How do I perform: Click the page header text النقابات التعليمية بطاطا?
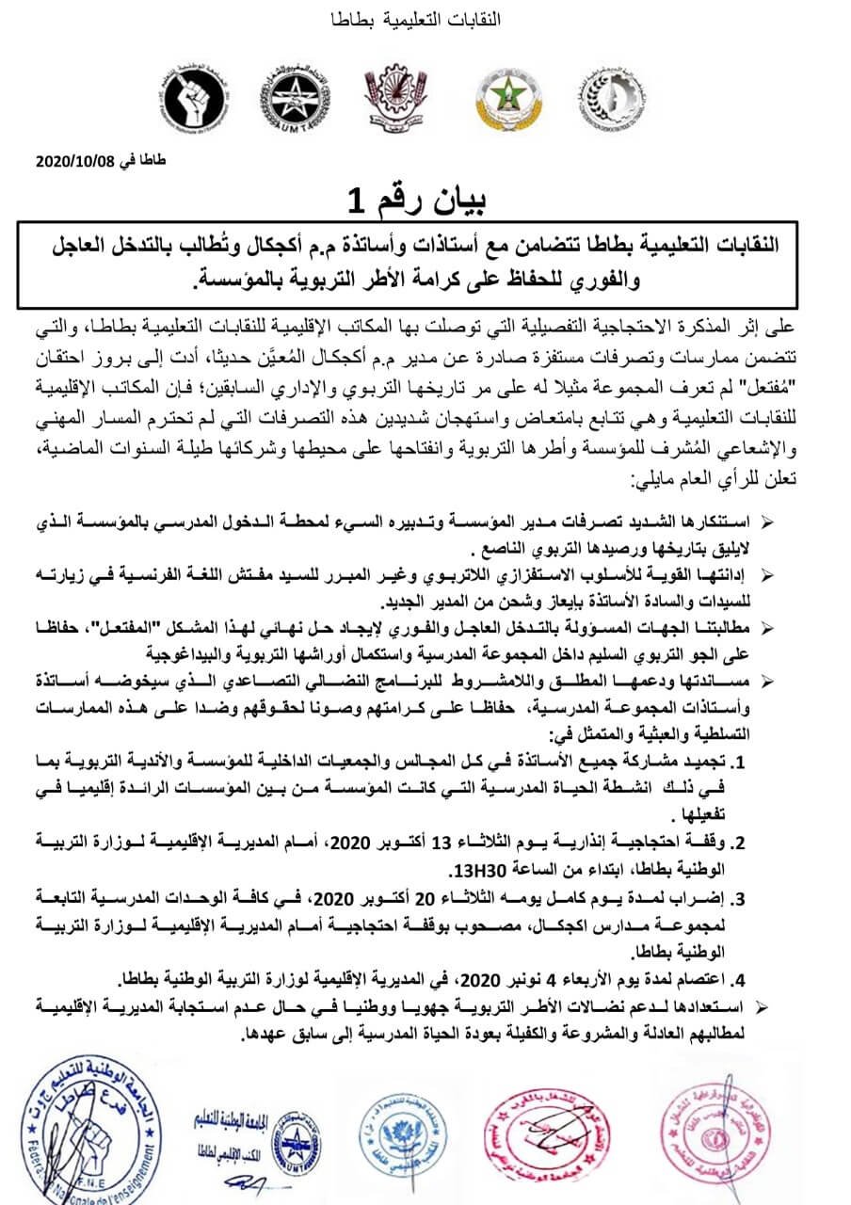click(x=428, y=19)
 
